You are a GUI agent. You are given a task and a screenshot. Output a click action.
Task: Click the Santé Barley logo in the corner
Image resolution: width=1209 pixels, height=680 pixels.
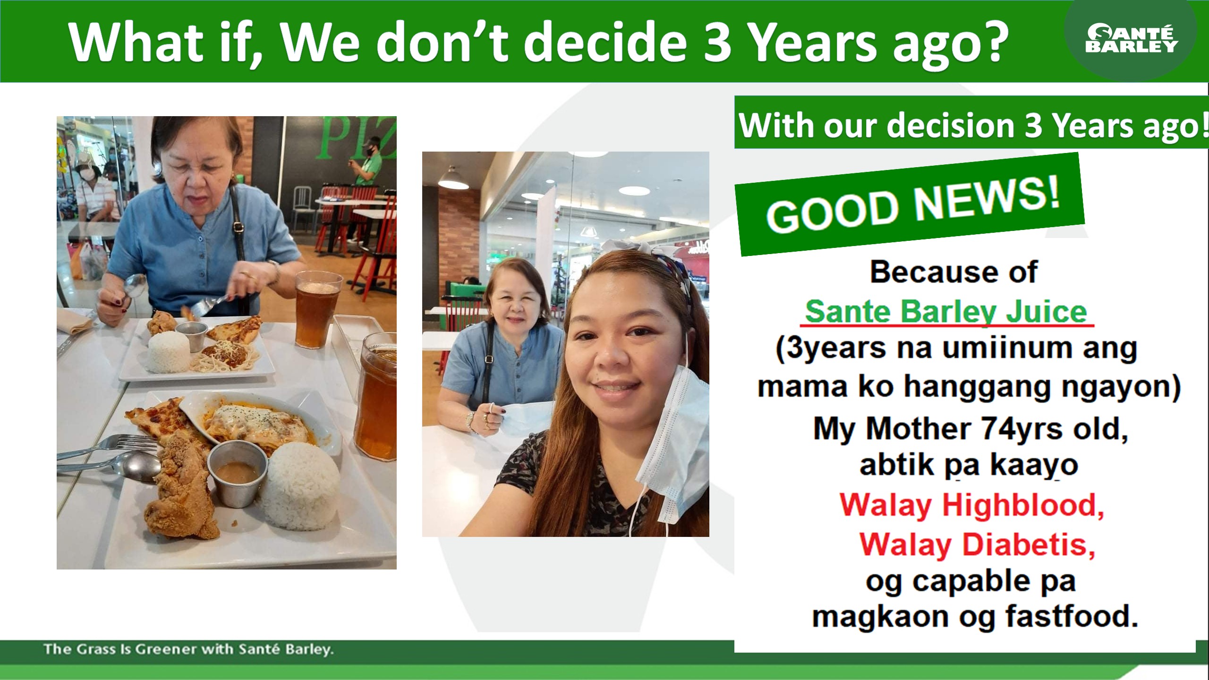pos(1131,39)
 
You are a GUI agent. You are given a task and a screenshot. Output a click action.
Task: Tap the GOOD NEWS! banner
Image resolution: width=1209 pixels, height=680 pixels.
pos(910,204)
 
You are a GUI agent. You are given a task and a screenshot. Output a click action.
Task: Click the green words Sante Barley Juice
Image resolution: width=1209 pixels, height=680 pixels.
pos(946,312)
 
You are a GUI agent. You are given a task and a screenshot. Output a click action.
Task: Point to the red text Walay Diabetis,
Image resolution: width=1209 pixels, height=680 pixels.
pos(977,545)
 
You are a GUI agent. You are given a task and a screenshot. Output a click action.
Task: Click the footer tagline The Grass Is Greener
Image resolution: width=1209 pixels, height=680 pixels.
pos(189,649)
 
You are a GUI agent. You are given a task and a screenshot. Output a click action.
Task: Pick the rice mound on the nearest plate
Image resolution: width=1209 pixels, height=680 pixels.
pos(300,486)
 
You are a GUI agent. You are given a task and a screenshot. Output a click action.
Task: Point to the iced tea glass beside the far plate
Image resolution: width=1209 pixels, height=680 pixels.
pos(317,309)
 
